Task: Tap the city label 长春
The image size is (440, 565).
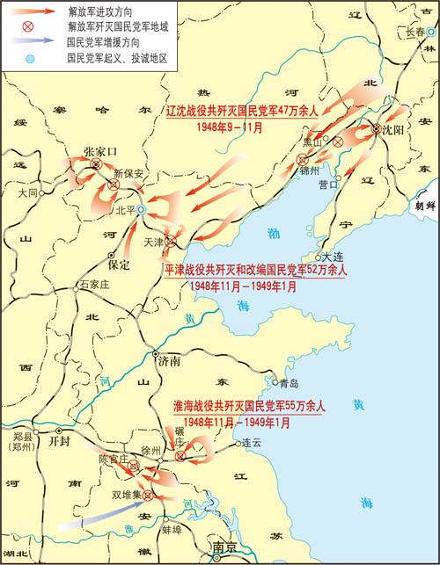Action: click(416, 32)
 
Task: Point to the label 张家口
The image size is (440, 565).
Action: click(99, 151)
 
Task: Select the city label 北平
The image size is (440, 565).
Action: click(126, 212)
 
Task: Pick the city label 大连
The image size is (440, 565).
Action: click(334, 257)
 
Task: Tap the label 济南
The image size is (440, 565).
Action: click(168, 361)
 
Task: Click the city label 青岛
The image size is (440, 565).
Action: click(290, 383)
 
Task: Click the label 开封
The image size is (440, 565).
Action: click(59, 442)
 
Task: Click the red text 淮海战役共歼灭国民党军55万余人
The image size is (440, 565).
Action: click(250, 407)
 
